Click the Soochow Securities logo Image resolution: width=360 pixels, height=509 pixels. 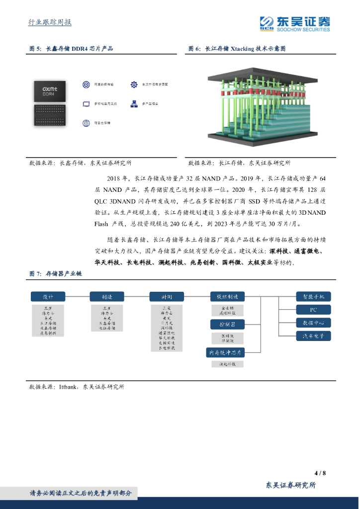[x=294, y=23]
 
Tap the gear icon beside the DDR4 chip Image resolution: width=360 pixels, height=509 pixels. [x=134, y=85]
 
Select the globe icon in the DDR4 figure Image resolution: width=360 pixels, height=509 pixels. [x=86, y=123]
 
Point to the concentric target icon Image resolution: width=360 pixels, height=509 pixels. [x=86, y=85]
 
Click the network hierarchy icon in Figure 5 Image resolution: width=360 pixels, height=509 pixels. [x=134, y=104]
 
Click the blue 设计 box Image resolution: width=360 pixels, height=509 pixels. [x=48, y=296]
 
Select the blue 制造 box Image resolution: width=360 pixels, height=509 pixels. [x=106, y=296]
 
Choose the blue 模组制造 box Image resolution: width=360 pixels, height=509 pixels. [x=227, y=296]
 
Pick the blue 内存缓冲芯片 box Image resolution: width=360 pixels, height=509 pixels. [x=226, y=352]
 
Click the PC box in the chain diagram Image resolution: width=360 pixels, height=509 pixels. [x=313, y=310]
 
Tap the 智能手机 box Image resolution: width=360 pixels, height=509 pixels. [x=313, y=296]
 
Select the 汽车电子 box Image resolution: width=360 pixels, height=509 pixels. [x=313, y=336]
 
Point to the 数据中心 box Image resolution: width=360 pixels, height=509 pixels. [x=313, y=323]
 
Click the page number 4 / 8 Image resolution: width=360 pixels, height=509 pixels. [x=320, y=473]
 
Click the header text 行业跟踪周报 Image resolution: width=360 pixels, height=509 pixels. [x=50, y=22]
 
